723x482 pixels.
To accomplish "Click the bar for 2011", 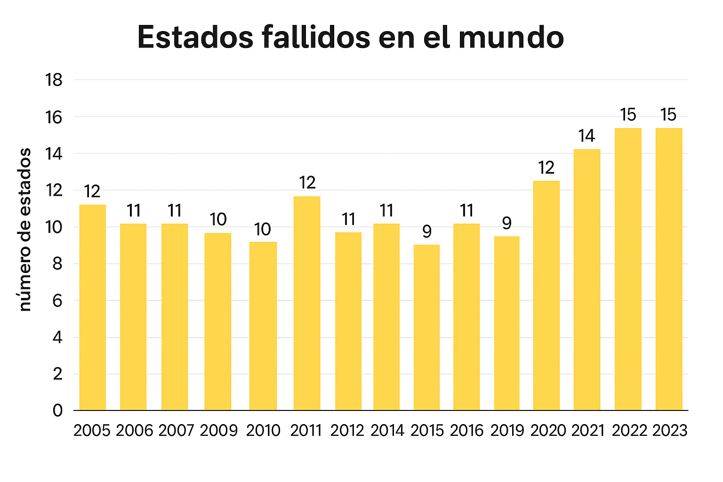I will point(307,303).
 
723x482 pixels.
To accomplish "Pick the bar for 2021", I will point(587,280).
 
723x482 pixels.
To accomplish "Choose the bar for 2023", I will point(669,269).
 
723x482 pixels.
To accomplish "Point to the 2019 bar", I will point(507,323).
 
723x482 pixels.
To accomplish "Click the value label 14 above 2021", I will point(586,136).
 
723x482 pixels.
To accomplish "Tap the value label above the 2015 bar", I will point(426,231).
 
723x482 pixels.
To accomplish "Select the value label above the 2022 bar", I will point(628,115).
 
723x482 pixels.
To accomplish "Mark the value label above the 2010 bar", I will point(263,229).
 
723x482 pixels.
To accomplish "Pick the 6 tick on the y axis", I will point(57,300).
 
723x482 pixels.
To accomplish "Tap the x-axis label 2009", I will point(219,430).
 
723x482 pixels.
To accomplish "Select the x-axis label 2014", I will point(387,430).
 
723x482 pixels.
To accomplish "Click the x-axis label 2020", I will point(548,430).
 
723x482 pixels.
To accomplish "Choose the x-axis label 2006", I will point(134,430).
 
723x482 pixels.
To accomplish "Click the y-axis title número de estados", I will point(25,229).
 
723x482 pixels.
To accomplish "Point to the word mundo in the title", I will point(511,38).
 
